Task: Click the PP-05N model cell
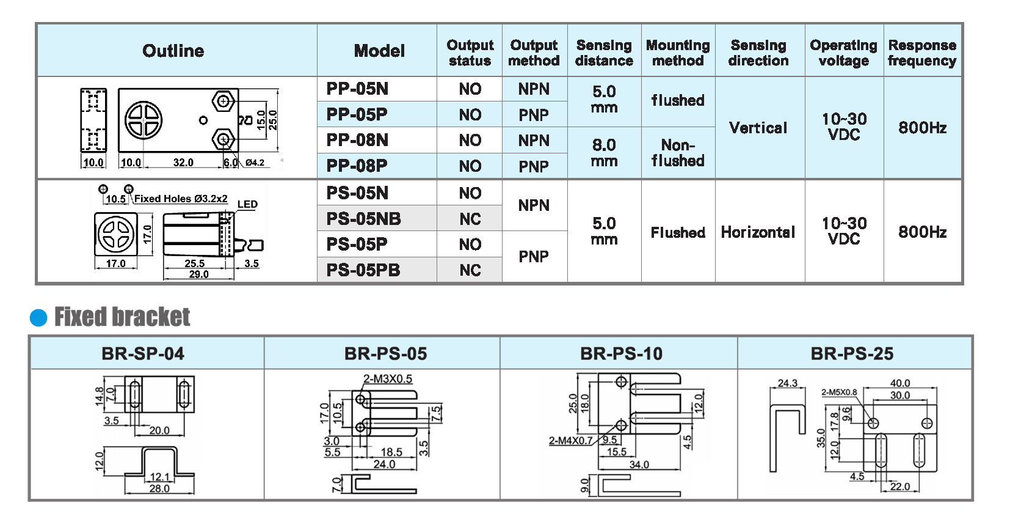point(358,89)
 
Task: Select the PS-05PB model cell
point(363,270)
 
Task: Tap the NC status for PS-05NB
point(470,219)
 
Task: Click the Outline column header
point(173,51)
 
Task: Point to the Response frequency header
point(922,53)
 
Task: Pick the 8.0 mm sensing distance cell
point(604,153)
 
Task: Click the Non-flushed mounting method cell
point(678,153)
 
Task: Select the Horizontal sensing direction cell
point(758,232)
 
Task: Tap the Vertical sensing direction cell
point(758,128)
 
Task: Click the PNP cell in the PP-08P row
point(534,166)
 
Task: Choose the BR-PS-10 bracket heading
point(621,354)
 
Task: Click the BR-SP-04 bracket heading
point(143,354)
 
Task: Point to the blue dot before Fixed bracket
point(38,318)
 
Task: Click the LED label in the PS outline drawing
point(247,204)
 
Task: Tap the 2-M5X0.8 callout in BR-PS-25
point(839,392)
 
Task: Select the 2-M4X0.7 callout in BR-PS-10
point(570,440)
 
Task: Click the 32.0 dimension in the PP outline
point(183,163)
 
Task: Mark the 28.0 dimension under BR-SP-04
point(159,488)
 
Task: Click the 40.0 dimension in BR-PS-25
point(900,383)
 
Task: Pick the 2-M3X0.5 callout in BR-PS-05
point(388,379)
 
